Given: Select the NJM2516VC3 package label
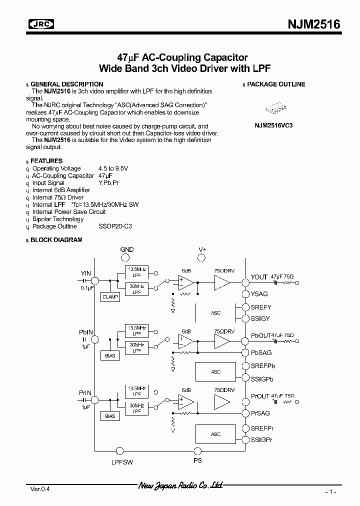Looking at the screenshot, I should (273, 125).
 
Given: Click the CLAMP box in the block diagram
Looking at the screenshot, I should (110, 296).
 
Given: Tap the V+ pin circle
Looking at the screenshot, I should (202, 257).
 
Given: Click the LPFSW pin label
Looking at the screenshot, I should (122, 462).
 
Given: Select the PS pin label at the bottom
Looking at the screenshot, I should (197, 460).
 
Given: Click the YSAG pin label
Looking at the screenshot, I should (260, 294).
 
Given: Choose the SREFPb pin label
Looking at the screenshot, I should (262, 366).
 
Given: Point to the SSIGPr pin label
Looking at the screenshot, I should (262, 439).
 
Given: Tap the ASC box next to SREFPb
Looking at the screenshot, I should (215, 372).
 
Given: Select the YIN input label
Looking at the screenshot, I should (86, 273).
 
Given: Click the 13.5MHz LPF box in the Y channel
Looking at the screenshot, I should (136, 273).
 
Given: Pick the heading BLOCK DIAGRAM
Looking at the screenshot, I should (56, 240).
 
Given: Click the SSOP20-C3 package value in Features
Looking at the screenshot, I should (115, 226).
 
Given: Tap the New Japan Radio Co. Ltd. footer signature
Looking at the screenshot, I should (180, 485).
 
